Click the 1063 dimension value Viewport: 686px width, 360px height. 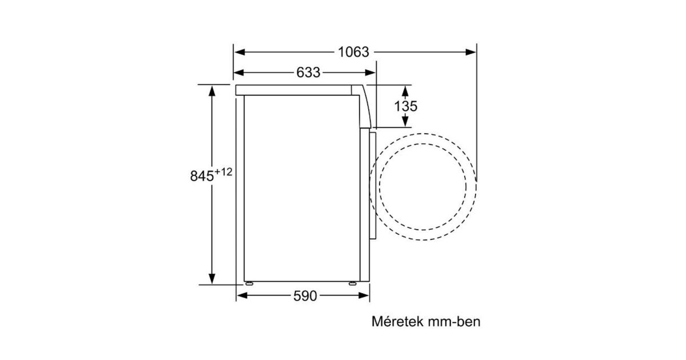pyautogui.click(x=353, y=52)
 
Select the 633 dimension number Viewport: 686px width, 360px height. pyautogui.click(x=308, y=73)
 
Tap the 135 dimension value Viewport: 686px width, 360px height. pyautogui.click(x=405, y=106)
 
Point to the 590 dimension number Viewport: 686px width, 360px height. pyautogui.click(x=305, y=296)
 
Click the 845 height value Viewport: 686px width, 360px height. pyautogui.click(x=202, y=176)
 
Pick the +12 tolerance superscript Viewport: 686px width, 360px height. pyautogui.click(x=224, y=172)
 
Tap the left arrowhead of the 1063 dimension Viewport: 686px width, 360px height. pyautogui.click(x=240, y=52)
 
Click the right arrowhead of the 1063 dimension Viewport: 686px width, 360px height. pyautogui.click(x=470, y=52)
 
